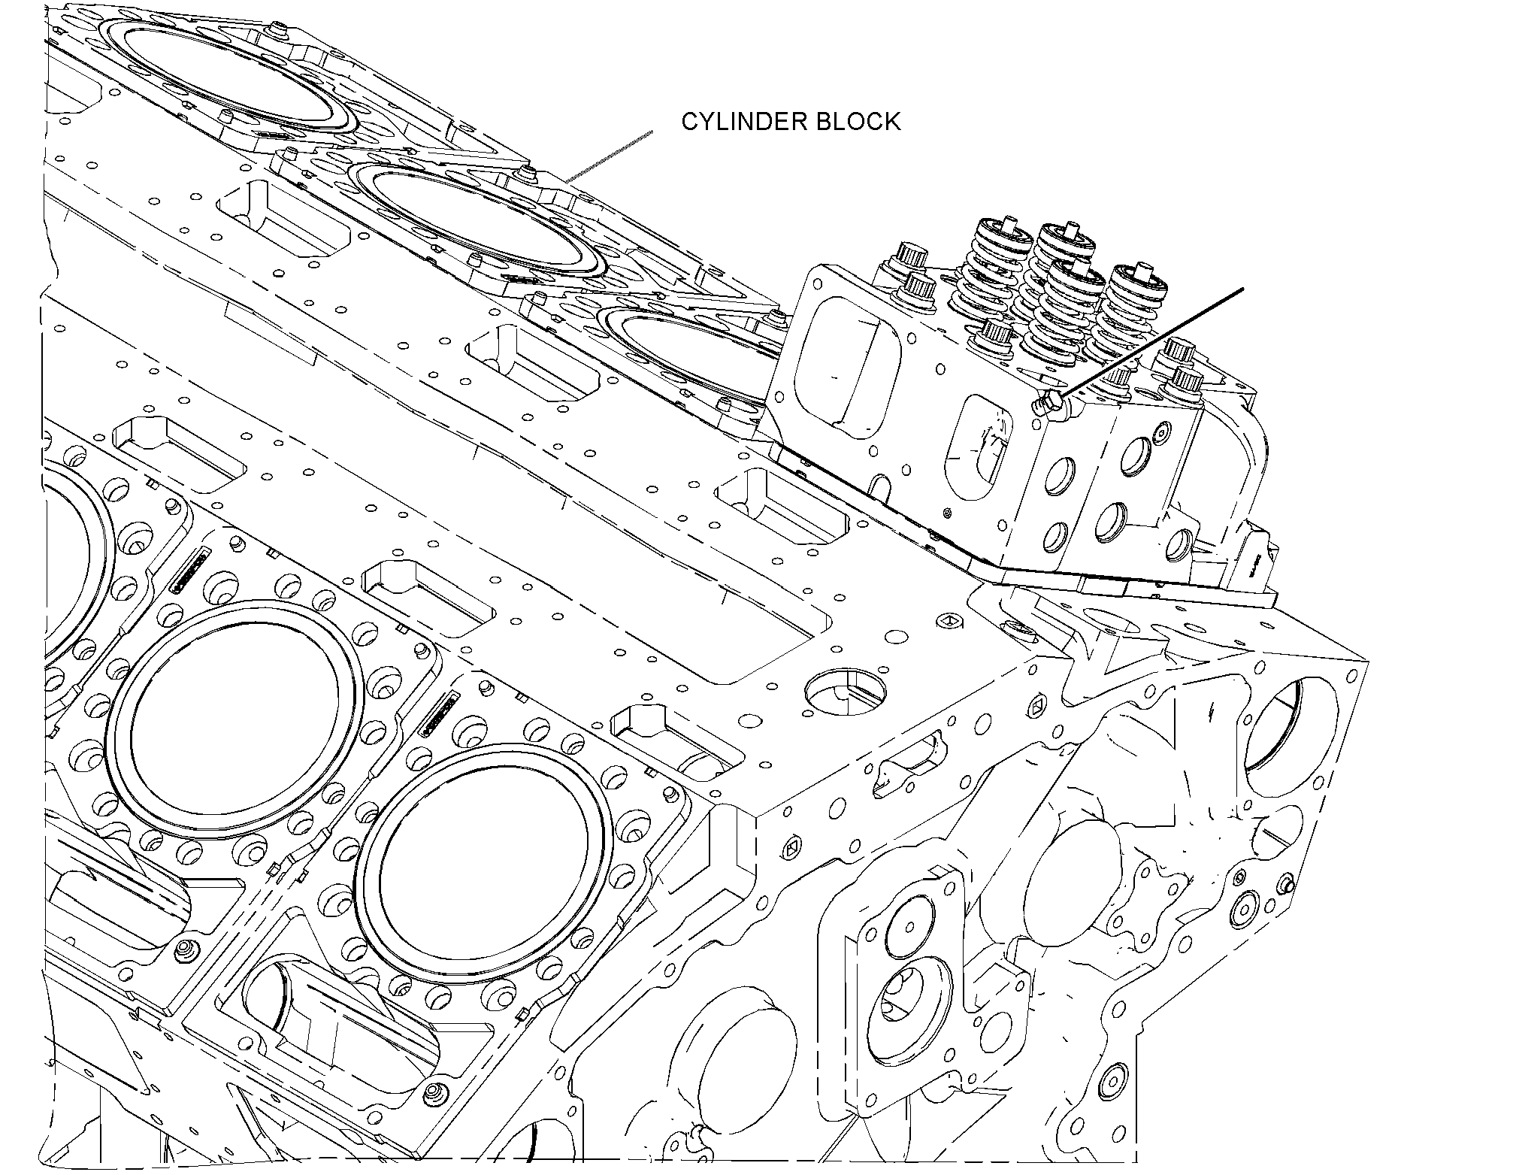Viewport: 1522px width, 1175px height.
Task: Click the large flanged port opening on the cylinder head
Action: pyautogui.click(x=842, y=368)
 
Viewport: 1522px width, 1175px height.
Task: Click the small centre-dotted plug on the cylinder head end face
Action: pyautogui.click(x=1162, y=432)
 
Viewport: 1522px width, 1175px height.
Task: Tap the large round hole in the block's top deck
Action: pyautogui.click(x=845, y=688)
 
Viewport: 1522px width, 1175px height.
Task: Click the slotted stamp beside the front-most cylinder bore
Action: pyautogui.click(x=440, y=714)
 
